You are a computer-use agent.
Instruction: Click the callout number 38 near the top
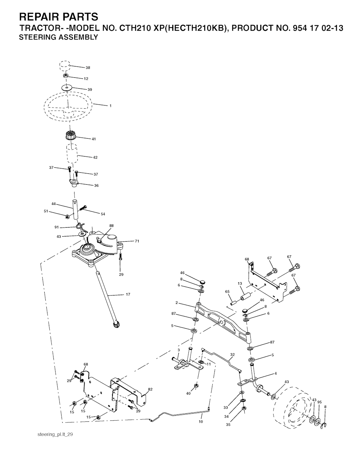88,68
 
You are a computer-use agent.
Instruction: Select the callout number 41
94,139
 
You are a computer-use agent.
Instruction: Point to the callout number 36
96,185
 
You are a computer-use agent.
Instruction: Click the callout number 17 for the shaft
128,294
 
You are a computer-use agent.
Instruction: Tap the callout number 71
137,241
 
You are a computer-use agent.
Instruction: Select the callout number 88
111,225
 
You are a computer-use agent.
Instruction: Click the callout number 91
57,227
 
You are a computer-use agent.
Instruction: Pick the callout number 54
103,214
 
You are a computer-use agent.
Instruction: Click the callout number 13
240,284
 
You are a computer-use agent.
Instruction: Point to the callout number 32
232,355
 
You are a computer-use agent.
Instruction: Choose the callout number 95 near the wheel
319,402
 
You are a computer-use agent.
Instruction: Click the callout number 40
188,393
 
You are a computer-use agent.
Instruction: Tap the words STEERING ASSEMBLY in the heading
59,37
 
